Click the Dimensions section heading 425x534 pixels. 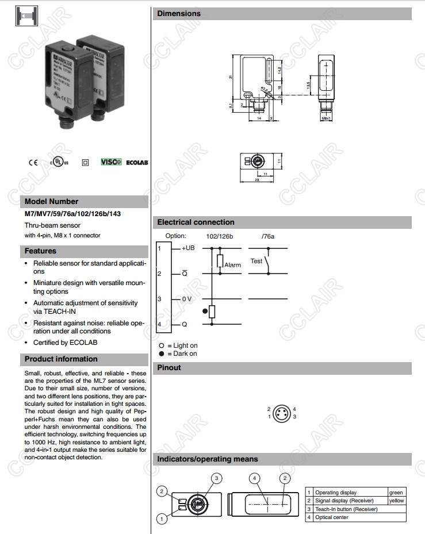coord(179,14)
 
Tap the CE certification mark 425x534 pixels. coord(33,162)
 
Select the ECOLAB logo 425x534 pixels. coord(137,163)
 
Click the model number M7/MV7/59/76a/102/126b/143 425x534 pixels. coord(72,214)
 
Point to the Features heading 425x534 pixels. coord(40,251)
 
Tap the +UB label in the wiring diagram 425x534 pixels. coord(188,248)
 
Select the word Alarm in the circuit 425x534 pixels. coord(232,265)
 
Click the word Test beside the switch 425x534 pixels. coord(256,261)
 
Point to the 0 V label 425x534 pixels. coord(187,299)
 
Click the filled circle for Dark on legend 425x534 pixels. coord(162,354)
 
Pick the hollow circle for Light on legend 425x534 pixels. coord(162,345)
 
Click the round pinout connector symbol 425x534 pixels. coord(282,413)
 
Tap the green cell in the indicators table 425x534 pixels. coord(396,493)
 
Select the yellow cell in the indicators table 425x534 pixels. coord(396,501)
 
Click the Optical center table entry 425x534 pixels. coord(332,517)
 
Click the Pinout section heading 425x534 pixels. coord(169,368)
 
